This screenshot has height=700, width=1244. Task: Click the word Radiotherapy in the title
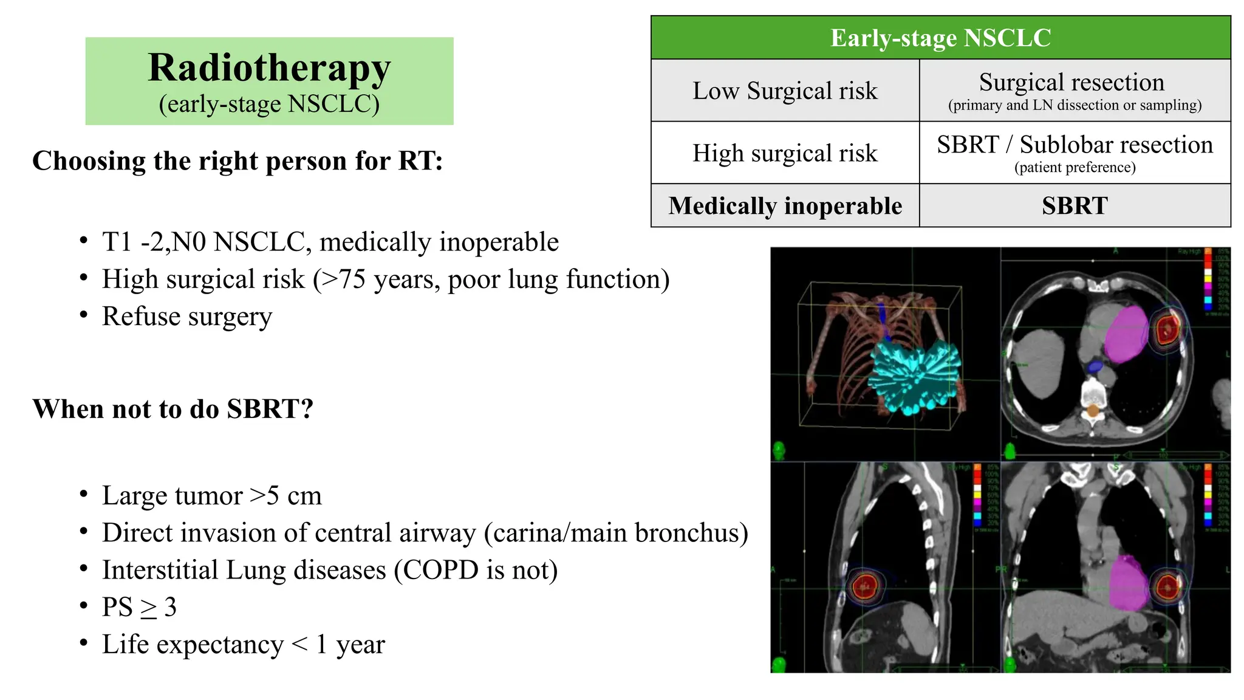(269, 68)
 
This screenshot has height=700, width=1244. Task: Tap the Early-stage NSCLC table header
(940, 38)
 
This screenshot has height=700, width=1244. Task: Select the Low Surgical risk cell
(785, 91)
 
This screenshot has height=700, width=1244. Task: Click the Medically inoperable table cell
(785, 206)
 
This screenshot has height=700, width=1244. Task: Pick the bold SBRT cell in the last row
(1075, 206)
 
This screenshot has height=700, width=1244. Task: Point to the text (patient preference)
(1075, 168)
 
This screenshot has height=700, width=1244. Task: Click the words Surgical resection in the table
(1071, 82)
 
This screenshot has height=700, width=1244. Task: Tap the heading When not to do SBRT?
(173, 409)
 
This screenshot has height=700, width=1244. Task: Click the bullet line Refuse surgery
(186, 317)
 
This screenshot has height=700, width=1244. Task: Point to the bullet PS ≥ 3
(139, 607)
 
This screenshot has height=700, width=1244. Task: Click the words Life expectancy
(193, 645)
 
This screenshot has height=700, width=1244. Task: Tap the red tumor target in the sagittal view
(864, 586)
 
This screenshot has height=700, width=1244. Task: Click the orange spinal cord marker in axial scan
(1092, 411)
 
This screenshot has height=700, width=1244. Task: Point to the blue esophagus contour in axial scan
(1095, 366)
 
